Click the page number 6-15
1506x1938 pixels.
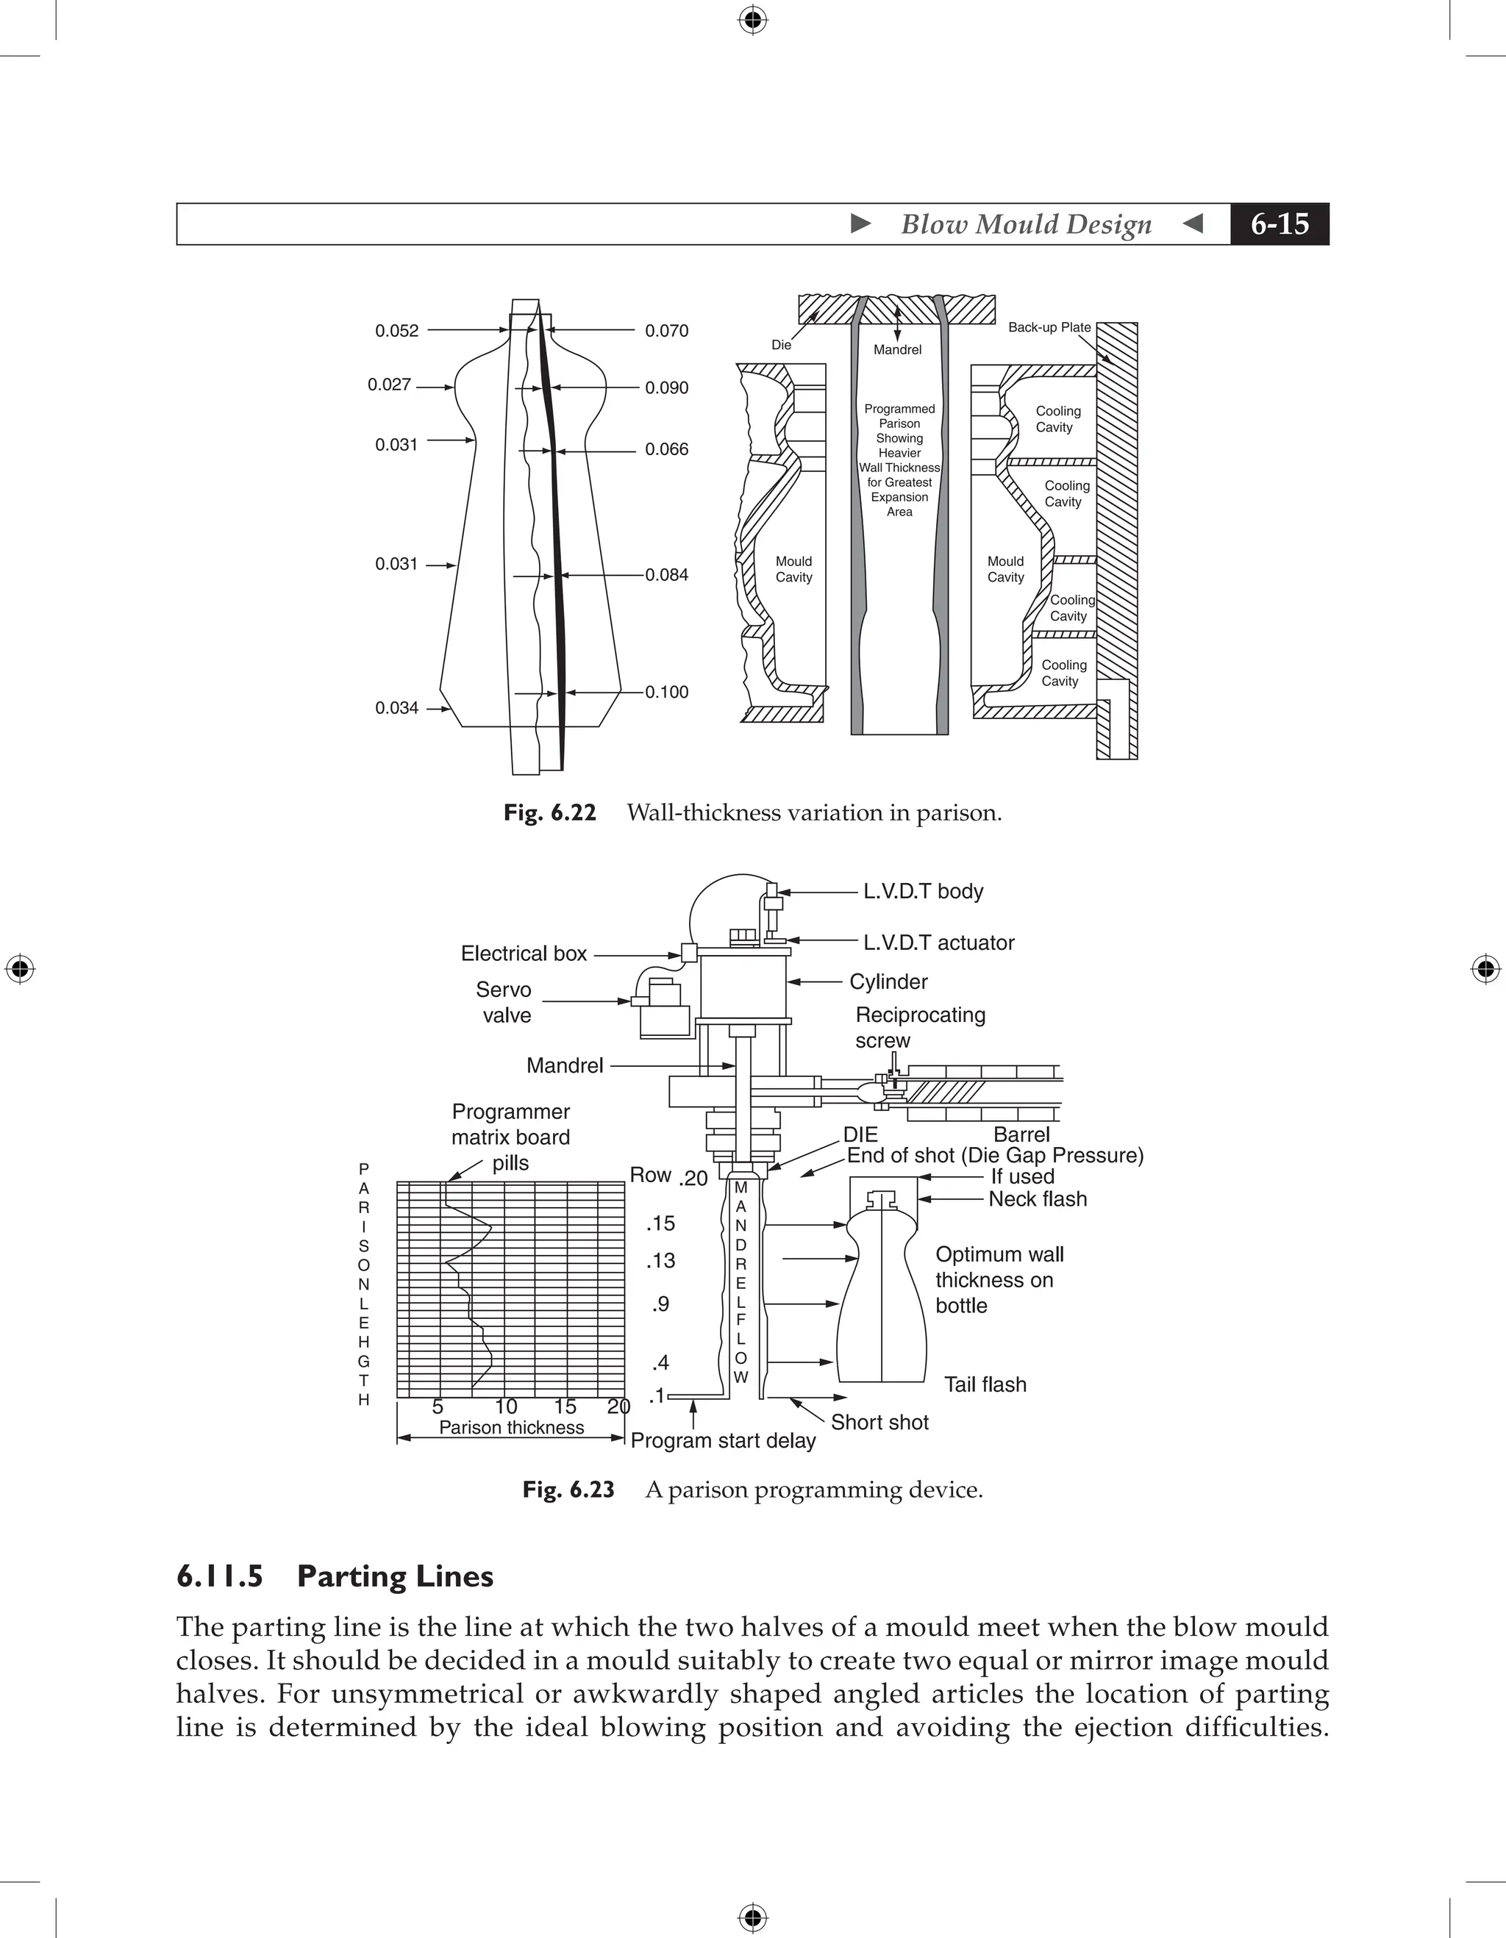(1279, 224)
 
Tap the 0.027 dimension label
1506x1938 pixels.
(389, 385)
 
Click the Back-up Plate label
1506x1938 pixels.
(1049, 327)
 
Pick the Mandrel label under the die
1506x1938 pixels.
(897, 351)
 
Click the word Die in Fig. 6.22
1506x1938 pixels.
(781, 346)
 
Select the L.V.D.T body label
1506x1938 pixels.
(923, 891)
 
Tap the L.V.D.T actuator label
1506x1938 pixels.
(938, 943)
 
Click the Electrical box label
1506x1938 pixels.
(524, 954)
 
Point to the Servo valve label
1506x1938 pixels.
(504, 1003)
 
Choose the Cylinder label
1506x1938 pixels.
(888, 981)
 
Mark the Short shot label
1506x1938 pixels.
(879, 1423)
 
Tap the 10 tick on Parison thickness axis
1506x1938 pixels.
(506, 1406)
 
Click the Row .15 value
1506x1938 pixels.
(661, 1223)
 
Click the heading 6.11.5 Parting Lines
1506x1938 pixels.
(335, 1576)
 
